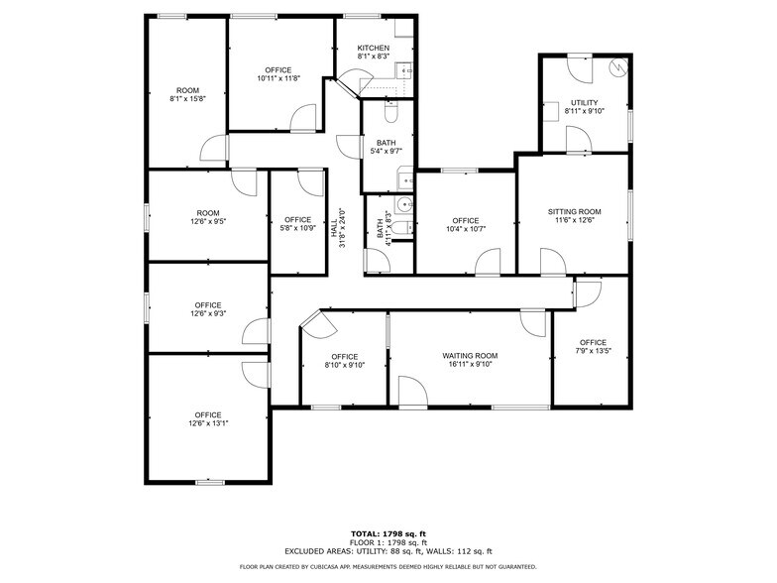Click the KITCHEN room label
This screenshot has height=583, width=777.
point(373,48)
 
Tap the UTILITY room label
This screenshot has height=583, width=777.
point(584,102)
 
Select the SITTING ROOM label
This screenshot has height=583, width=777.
point(575,211)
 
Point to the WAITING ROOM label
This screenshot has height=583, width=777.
point(470,355)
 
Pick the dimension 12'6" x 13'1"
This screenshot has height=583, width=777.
point(208,423)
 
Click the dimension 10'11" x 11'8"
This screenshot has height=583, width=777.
point(277,78)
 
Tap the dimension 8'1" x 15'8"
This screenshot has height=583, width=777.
point(187,98)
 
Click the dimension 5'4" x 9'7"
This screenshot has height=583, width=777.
point(386,152)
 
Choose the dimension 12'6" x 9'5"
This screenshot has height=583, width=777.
point(208,221)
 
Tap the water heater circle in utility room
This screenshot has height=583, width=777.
point(618,68)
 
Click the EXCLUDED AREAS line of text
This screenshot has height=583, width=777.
point(388,551)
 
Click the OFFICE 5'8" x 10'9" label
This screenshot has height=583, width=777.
point(297,224)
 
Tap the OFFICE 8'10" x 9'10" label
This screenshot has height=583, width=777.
point(344,360)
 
